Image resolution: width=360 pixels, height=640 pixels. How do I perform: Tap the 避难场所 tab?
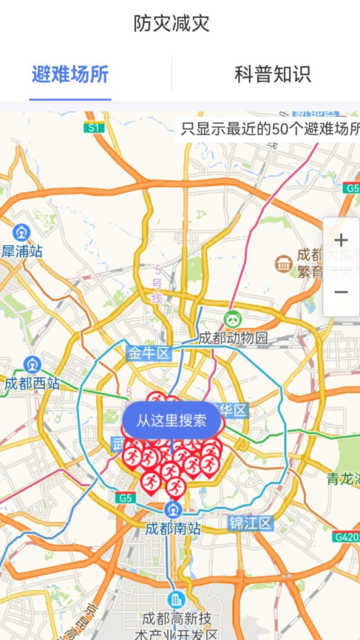[x=70, y=74]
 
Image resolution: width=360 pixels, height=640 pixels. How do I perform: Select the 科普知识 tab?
[x=272, y=74]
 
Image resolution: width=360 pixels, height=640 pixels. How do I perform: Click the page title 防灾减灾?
[x=172, y=24]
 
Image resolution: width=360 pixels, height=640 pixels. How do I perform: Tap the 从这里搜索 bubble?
[x=172, y=420]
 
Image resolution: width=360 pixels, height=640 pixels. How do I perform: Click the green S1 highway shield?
[x=93, y=128]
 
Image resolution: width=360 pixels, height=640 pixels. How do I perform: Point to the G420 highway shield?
[x=346, y=537]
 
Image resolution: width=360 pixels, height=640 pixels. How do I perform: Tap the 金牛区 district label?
[x=149, y=353]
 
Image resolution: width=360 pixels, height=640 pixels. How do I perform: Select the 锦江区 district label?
[x=250, y=523]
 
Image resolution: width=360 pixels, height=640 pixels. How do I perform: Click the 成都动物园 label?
[x=233, y=338]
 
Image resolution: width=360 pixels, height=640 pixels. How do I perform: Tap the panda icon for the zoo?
[x=233, y=319]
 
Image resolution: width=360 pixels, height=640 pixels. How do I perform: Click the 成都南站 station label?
[x=173, y=528]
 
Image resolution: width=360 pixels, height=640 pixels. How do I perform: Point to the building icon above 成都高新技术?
[x=176, y=600]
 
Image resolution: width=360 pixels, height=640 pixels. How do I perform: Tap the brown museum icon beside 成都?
[x=283, y=263]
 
